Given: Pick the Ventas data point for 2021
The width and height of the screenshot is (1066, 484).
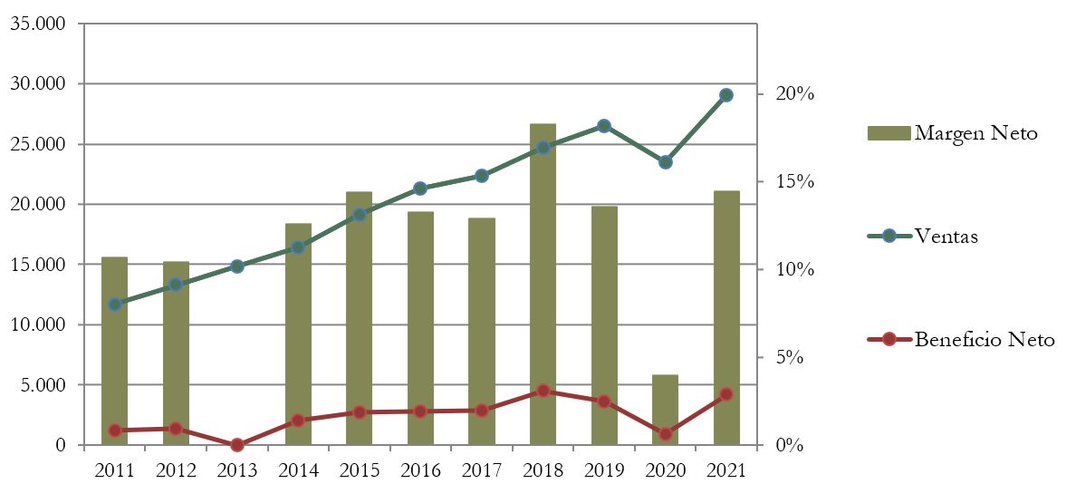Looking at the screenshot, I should pyautogui.click(x=725, y=94).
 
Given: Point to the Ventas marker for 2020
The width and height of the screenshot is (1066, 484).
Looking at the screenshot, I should pyautogui.click(x=665, y=162).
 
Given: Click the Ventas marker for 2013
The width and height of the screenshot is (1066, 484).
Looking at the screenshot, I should pyautogui.click(x=237, y=266).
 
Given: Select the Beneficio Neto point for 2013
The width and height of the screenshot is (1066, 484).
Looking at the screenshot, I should pyautogui.click(x=237, y=445).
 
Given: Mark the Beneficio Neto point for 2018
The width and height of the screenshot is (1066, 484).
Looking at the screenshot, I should pyautogui.click(x=543, y=391).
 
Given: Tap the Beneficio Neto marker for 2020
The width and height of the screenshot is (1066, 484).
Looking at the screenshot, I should pyautogui.click(x=665, y=434).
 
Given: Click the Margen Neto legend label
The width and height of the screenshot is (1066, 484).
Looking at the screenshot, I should pyautogui.click(x=975, y=133).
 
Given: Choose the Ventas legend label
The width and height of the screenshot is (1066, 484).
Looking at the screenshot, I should pyautogui.click(x=946, y=236).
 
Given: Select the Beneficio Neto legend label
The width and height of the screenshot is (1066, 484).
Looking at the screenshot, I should pyautogui.click(x=984, y=340).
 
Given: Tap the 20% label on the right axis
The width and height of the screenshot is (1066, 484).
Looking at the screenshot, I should pyautogui.click(x=794, y=94).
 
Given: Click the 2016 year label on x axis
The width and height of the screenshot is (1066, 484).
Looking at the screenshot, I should pyautogui.click(x=420, y=469).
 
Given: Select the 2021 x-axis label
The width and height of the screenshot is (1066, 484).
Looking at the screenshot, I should pyautogui.click(x=725, y=469).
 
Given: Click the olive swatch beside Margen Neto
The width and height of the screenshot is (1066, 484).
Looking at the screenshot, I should pyautogui.click(x=888, y=133).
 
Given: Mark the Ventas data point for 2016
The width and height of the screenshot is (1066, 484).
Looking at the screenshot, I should pyautogui.click(x=420, y=189).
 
